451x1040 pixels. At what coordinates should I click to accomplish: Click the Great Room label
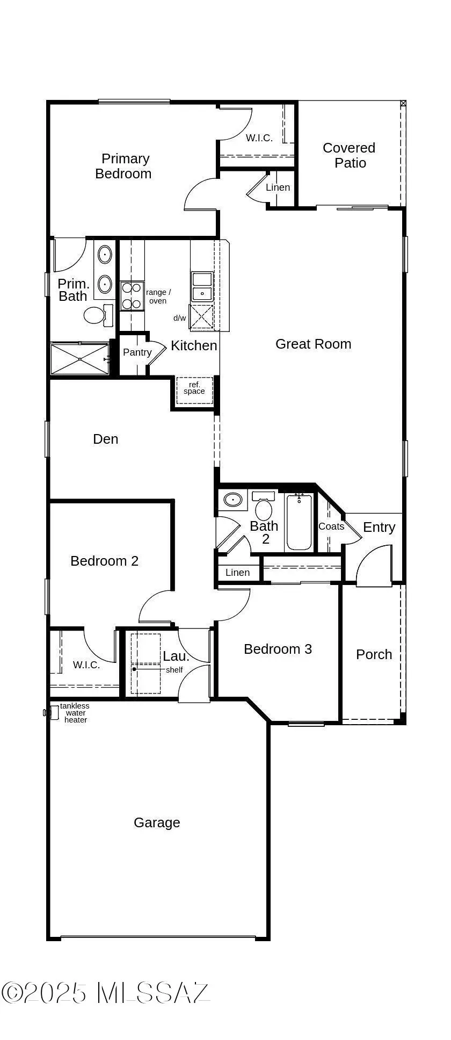point(313,344)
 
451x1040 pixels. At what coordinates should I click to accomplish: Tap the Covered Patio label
point(349,155)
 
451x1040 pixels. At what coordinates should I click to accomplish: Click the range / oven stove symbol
point(132,296)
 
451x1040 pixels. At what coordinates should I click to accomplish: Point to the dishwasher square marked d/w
point(201,317)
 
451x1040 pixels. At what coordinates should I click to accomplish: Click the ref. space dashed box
point(194,390)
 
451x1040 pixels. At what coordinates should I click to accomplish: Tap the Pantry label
point(137,352)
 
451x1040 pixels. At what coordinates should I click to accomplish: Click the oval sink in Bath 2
point(233,500)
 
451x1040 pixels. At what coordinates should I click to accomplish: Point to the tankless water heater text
point(75,713)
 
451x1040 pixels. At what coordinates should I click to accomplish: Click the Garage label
point(157,822)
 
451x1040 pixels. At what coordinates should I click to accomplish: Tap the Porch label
point(374,654)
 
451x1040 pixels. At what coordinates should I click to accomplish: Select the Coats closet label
point(331,526)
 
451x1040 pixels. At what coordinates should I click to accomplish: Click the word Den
point(105,439)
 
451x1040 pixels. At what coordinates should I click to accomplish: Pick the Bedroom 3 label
point(278,649)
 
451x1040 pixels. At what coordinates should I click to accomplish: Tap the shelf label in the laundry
point(174,670)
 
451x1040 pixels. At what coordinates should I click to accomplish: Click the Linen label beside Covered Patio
point(278,187)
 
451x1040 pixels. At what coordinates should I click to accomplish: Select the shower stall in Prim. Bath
point(79,359)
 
